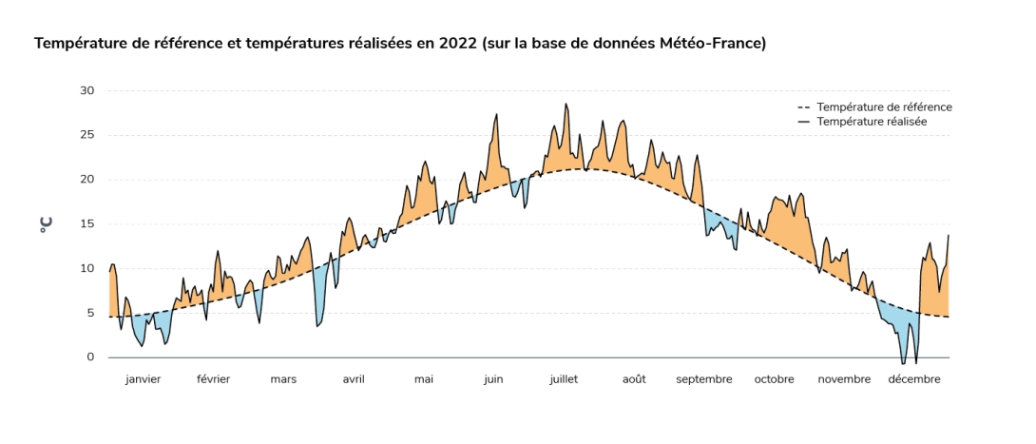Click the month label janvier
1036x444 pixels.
tap(143, 379)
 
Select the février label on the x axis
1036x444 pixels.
tap(213, 379)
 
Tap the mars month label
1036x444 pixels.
tap(283, 379)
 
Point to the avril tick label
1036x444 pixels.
tap(354, 379)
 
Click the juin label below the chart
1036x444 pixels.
tap(493, 379)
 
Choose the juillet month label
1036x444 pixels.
tap(564, 379)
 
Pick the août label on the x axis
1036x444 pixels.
tap(634, 379)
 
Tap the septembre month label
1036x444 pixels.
tap(704, 379)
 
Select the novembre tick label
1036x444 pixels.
tap(844, 379)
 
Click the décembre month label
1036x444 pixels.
tap(914, 379)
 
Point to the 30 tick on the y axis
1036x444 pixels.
tap(86, 91)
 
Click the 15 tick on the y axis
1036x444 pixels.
tap(86, 224)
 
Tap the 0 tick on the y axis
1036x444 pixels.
tap(90, 357)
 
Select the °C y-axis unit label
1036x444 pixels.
tap(46, 225)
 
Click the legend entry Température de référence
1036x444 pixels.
tap(884, 107)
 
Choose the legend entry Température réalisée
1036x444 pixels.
tap(872, 122)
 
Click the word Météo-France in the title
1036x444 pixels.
tap(713, 44)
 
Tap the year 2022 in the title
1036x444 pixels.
tap(458, 44)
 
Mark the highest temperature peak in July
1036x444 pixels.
tap(566, 105)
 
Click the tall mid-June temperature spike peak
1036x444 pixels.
tap(497, 114)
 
